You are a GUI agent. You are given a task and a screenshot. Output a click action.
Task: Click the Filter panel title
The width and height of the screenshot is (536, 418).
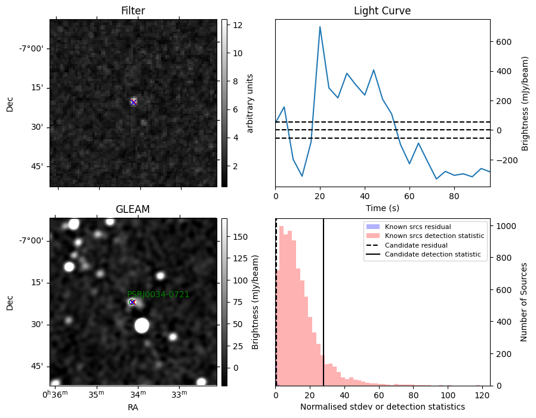133,11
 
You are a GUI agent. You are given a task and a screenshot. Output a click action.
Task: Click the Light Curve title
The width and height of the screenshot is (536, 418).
382,11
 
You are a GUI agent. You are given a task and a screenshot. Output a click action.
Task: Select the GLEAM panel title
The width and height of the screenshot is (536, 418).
133,209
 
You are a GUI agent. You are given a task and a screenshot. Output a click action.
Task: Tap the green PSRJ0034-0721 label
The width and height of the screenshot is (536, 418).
158,294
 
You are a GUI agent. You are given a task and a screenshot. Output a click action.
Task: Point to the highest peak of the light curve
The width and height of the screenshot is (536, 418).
320,26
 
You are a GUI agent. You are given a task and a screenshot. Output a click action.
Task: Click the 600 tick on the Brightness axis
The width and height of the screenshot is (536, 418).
504,42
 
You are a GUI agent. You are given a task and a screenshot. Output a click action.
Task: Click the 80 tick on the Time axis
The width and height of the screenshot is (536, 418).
454,196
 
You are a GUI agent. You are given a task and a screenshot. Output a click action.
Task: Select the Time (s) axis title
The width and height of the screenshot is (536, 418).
383,208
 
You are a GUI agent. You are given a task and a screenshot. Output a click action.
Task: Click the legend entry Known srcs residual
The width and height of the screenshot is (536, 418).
418,227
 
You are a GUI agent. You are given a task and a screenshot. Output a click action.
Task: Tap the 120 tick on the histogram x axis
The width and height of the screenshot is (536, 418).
482,395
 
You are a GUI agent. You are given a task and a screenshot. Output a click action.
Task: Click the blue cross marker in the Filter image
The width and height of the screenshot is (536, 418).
133,102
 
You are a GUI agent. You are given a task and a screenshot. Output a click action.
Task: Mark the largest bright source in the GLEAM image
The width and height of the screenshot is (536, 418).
142,325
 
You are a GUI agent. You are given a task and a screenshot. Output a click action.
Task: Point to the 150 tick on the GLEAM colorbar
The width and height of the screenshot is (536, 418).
240,237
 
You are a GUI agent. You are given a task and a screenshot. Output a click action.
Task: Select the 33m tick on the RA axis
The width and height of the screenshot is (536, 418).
179,394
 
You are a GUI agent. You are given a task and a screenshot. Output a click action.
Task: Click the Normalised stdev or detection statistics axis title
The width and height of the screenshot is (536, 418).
383,407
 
